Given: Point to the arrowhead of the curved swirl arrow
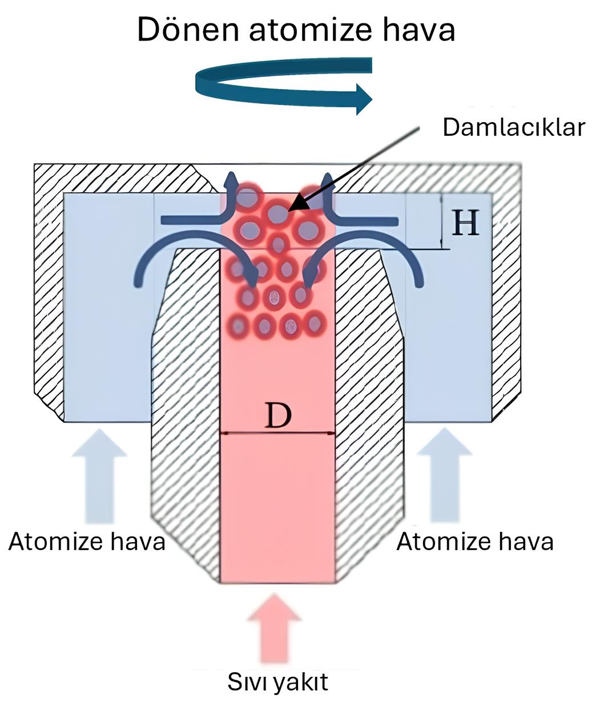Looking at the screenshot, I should pyautogui.click(x=364, y=98).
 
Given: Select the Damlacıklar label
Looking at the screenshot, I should pyautogui.click(x=513, y=127).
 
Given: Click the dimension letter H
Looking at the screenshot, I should pyautogui.click(x=465, y=223).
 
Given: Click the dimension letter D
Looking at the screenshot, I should pyautogui.click(x=278, y=416).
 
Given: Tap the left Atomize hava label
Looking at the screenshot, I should pyautogui.click(x=87, y=541).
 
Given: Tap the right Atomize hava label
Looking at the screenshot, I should pyautogui.click(x=474, y=541).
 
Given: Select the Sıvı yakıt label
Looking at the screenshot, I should pyautogui.click(x=278, y=681).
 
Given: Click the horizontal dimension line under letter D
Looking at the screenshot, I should pyautogui.click(x=278, y=434).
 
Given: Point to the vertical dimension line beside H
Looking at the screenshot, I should pyautogui.click(x=442, y=221).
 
